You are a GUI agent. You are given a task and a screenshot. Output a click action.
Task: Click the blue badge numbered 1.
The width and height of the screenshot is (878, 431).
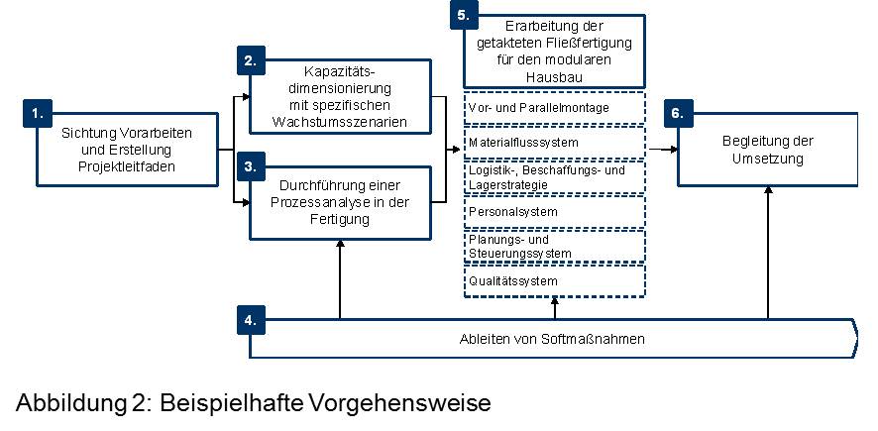click(x=37, y=114)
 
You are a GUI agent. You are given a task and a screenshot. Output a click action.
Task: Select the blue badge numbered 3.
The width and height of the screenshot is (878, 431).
click(x=251, y=166)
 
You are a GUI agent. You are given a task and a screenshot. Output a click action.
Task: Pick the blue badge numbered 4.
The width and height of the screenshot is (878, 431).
click(x=251, y=321)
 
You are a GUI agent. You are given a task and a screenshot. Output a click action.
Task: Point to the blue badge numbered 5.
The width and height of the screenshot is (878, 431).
click(x=464, y=15)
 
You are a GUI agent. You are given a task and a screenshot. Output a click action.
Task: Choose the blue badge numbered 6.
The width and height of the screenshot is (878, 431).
click(x=678, y=114)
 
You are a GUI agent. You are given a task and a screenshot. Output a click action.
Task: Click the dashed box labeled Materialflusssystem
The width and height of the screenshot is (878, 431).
click(x=555, y=143)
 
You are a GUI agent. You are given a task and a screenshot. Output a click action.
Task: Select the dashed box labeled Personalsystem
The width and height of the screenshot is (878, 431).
click(x=555, y=212)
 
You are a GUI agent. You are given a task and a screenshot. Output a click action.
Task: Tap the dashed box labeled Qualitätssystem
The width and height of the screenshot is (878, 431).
click(x=555, y=280)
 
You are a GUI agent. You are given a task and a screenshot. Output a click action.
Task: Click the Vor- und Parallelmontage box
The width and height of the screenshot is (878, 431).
click(x=555, y=107)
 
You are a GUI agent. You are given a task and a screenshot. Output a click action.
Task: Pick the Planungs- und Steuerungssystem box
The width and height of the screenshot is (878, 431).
click(x=555, y=247)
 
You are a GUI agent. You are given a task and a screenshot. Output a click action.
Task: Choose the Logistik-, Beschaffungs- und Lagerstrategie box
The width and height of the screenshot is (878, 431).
click(x=555, y=177)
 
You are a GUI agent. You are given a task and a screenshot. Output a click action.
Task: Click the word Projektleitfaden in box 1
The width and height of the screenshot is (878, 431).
click(x=127, y=166)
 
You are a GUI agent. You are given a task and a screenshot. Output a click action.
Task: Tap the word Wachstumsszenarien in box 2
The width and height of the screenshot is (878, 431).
click(x=340, y=122)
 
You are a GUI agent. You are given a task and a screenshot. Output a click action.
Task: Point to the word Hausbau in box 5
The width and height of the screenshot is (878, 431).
click(x=554, y=77)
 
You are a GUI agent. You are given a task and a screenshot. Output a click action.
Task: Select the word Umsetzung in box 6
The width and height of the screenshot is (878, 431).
click(x=768, y=159)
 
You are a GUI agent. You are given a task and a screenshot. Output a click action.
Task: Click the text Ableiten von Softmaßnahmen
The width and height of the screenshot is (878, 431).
click(x=552, y=339)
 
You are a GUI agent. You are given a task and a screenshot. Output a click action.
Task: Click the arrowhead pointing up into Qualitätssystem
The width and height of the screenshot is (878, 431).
click(x=555, y=300)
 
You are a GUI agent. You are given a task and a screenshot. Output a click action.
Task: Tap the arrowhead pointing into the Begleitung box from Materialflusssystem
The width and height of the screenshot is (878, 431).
click(x=673, y=150)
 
